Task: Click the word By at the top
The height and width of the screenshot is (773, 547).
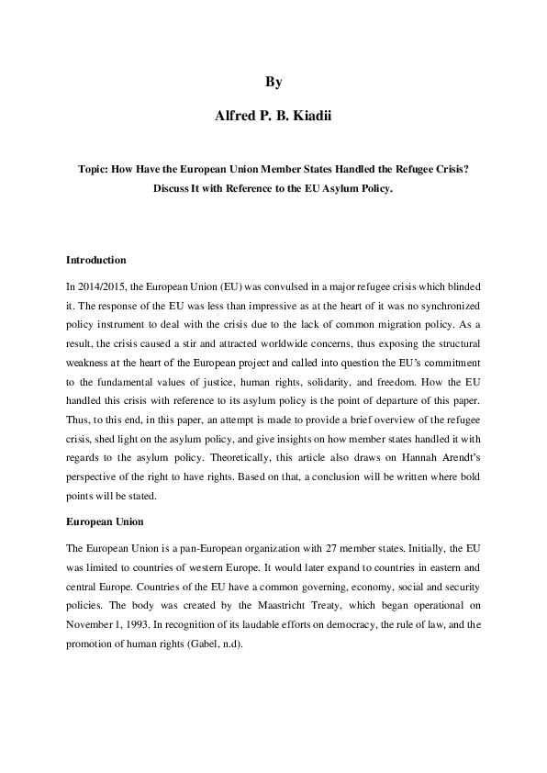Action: point(273,82)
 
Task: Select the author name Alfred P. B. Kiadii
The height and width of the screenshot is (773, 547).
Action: point(273,118)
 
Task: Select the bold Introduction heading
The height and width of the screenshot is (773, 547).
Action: point(96,260)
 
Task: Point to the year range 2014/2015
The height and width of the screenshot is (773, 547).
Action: point(101,286)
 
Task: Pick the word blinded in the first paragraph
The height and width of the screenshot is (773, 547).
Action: point(462,286)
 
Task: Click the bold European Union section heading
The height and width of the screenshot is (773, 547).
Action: point(103,521)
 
